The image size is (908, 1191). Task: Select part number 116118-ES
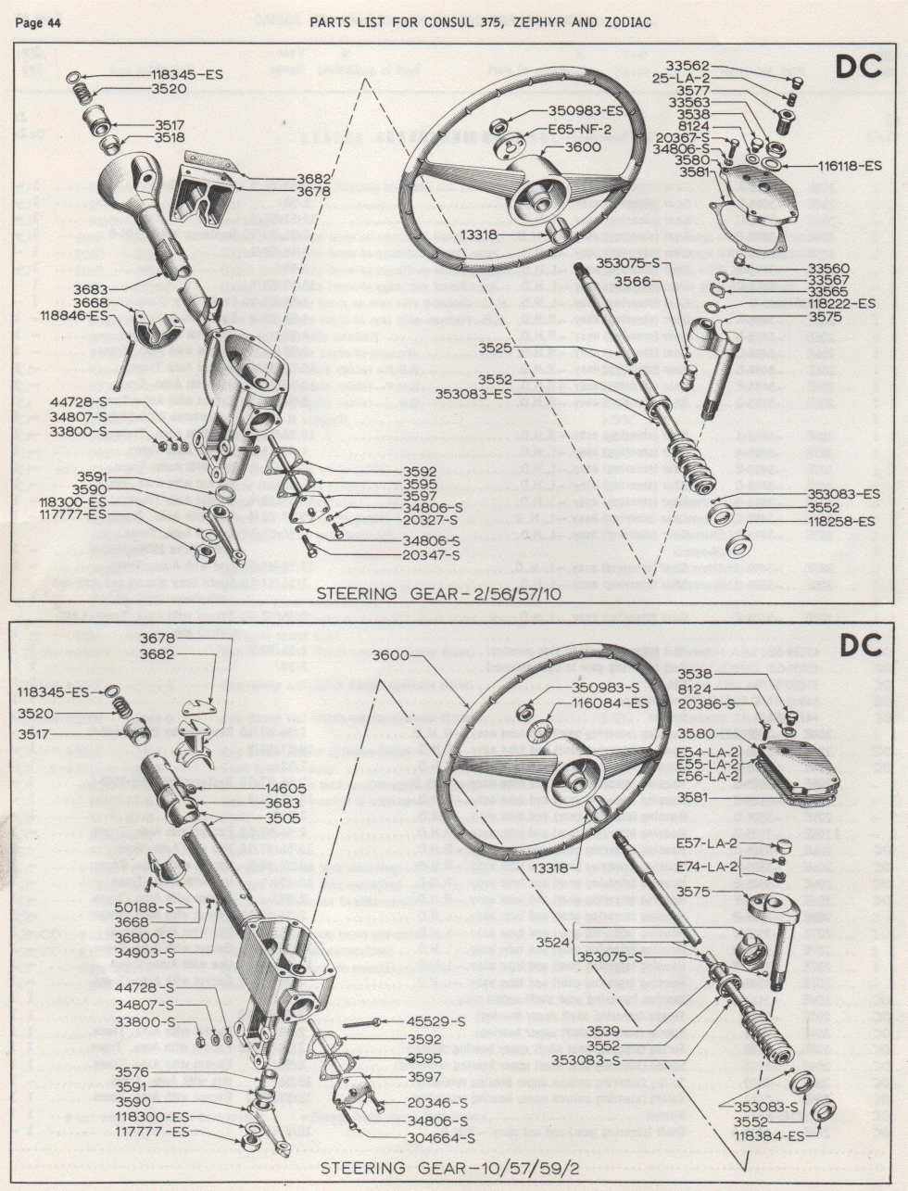pyautogui.click(x=850, y=166)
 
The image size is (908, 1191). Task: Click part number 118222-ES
pyautogui.click(x=840, y=303)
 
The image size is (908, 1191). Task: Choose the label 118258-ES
pyautogui.click(x=840, y=522)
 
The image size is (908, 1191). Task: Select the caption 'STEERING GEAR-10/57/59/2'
pyautogui.click(x=449, y=1166)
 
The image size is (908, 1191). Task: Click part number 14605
pyautogui.click(x=285, y=788)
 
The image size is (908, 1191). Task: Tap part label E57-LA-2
pyautogui.click(x=707, y=843)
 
